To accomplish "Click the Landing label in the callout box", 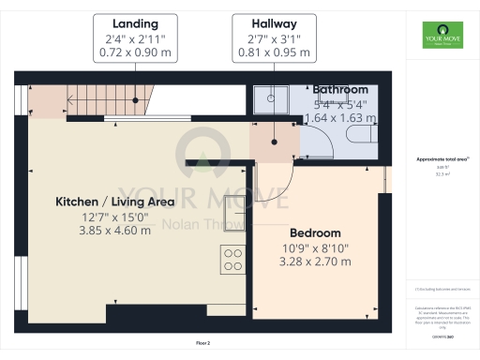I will point(133,22).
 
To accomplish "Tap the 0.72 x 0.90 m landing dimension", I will point(133,53).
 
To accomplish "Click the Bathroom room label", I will point(340,89).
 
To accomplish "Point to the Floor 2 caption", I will point(203,344).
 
